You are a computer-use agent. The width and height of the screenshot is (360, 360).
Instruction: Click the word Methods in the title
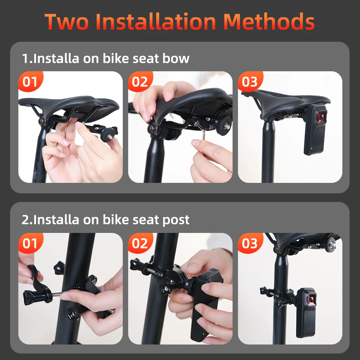coord(269,22)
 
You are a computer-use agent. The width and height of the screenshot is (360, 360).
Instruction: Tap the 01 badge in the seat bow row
coord(30,82)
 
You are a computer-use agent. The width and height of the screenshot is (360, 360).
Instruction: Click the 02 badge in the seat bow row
coord(140,82)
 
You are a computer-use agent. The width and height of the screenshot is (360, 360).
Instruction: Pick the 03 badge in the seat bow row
coord(250,82)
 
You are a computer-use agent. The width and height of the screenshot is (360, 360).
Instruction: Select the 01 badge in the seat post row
coord(30,243)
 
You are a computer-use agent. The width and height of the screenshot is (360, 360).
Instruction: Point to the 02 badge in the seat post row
coord(140,243)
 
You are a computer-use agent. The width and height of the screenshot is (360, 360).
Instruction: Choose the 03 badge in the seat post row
coord(250,243)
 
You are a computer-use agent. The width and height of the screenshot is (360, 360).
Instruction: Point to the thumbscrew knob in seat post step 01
coord(32,296)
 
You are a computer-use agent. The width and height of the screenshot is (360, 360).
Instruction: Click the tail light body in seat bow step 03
coord(315,130)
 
